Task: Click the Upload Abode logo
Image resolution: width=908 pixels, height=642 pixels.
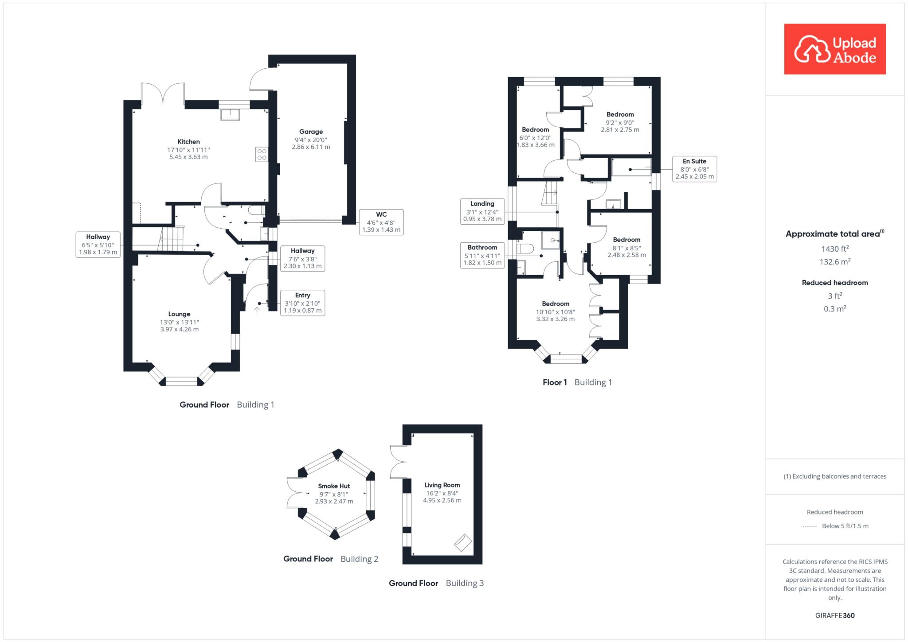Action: coord(835,49)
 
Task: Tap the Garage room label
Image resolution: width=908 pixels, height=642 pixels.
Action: coord(311,132)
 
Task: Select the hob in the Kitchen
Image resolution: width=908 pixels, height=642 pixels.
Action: coord(262,154)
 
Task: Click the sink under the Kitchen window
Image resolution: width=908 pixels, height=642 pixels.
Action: coord(230,114)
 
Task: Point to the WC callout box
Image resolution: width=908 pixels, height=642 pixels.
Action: coord(381,222)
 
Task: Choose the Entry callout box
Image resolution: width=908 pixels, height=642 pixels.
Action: coord(303,303)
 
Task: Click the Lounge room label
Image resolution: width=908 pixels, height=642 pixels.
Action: coord(179,314)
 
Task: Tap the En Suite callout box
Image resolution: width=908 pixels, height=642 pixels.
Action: coord(694,169)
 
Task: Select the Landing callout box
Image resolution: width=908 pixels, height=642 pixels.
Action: coord(482,211)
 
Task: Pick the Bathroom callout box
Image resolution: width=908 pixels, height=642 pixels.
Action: coord(482,255)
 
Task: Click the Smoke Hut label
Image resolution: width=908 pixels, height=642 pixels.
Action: coord(334,486)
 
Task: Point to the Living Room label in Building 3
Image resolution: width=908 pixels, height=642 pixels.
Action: coord(442,485)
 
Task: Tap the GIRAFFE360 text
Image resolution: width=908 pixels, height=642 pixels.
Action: coord(835,615)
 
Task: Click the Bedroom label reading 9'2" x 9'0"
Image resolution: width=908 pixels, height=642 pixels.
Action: coord(620,122)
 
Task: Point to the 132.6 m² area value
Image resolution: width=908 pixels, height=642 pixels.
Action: coord(835,262)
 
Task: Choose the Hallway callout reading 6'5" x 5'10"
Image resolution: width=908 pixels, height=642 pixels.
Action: coord(98,245)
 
